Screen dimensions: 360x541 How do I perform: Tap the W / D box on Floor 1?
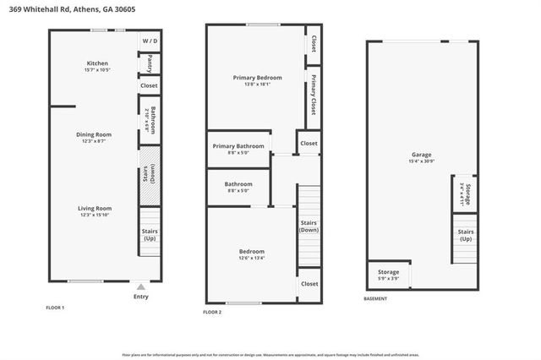[x=149, y=41]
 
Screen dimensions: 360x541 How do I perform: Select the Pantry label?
[x=149, y=63]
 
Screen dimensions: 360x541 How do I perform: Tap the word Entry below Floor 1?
[x=140, y=297]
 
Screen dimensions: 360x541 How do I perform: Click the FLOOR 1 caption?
[x=55, y=308]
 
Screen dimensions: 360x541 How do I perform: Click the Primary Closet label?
[x=314, y=95]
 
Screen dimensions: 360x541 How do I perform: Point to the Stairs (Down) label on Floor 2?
[x=309, y=226]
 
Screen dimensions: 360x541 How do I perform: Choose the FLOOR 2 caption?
[x=212, y=313]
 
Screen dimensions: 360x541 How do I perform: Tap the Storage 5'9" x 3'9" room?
[x=389, y=275]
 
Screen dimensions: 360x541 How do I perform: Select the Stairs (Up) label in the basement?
[x=465, y=235]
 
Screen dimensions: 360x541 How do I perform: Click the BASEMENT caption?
[x=375, y=299]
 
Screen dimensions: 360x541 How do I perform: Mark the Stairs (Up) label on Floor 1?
[x=149, y=235]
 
